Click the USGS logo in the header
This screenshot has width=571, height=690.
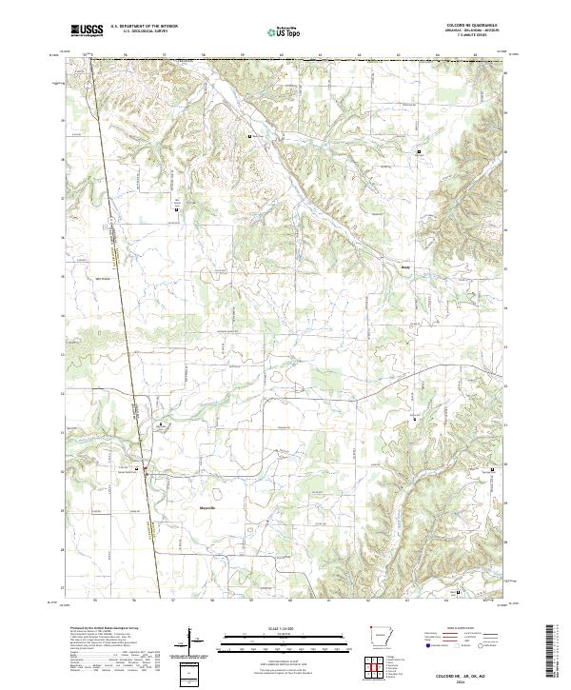click(87, 30)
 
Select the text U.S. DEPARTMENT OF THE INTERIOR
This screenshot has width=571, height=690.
click(144, 27)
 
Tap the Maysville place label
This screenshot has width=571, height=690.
click(207, 509)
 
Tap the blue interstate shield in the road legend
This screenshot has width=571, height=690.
click(423, 645)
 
